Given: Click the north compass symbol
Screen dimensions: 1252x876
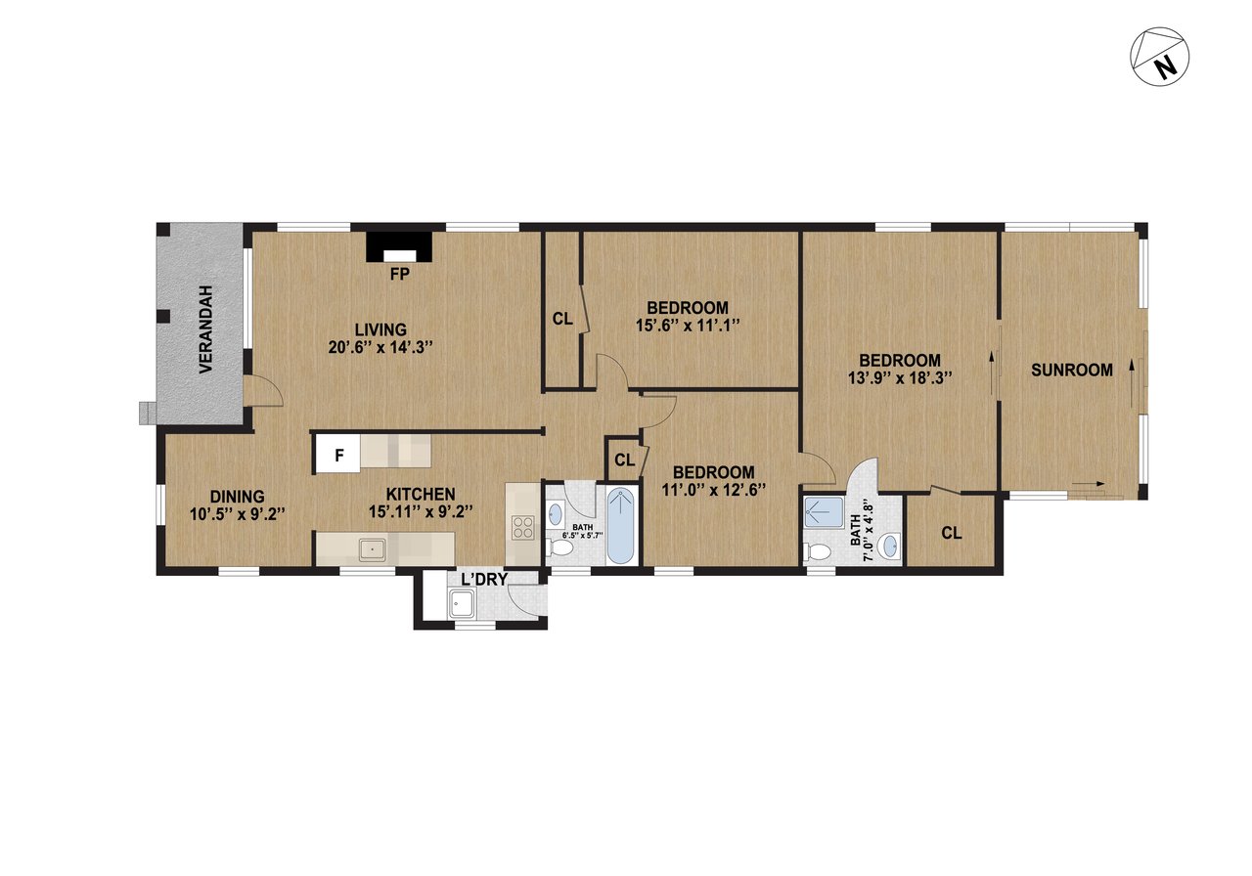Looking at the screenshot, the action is pyautogui.click(x=1160, y=56).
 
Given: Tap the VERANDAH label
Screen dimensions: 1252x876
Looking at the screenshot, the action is pyautogui.click(x=206, y=329).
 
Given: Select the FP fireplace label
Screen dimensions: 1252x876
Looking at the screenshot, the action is pyautogui.click(x=400, y=274).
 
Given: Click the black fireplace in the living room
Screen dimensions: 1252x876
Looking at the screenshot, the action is pyautogui.click(x=400, y=246).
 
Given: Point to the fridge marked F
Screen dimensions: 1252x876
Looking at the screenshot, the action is pyautogui.click(x=338, y=455).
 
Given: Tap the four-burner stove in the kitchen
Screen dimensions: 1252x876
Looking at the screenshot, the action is pyautogui.click(x=523, y=527).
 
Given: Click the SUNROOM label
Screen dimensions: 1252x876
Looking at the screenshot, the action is pyautogui.click(x=1071, y=370).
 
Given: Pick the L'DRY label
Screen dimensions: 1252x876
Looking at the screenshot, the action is pyautogui.click(x=484, y=580).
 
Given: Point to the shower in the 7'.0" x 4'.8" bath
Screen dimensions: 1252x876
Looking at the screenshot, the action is pyautogui.click(x=825, y=512).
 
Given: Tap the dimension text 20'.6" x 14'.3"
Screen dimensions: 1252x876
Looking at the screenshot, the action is pyautogui.click(x=380, y=347).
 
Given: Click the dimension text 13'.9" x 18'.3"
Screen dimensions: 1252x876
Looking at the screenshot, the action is pyautogui.click(x=900, y=378).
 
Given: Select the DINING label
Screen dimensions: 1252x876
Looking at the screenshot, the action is pyautogui.click(x=237, y=496).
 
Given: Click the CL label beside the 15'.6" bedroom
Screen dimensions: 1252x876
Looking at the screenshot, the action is pyautogui.click(x=562, y=319).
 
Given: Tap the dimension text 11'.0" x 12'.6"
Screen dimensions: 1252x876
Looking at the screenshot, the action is pyautogui.click(x=713, y=490).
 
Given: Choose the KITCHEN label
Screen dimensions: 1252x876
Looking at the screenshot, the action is pyautogui.click(x=421, y=494).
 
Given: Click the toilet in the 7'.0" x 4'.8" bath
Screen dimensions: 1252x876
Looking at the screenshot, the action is pyautogui.click(x=818, y=552).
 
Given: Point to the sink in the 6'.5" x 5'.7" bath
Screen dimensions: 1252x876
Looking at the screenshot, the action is pyautogui.click(x=555, y=514).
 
